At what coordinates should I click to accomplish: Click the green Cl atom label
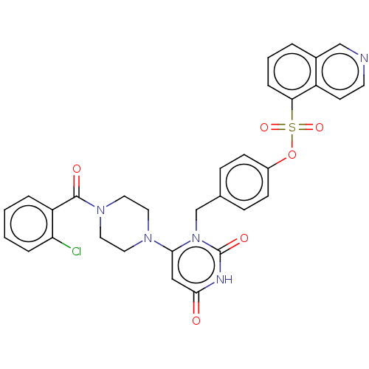click(x=76, y=252)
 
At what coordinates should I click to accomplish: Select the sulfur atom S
click(x=292, y=128)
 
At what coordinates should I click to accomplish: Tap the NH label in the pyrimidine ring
click(x=224, y=280)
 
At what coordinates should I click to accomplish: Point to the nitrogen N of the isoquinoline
click(x=364, y=58)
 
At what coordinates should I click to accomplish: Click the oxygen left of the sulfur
click(x=264, y=128)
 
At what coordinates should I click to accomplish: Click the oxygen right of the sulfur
click(x=320, y=128)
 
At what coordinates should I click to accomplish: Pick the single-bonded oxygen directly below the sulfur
click(x=292, y=155)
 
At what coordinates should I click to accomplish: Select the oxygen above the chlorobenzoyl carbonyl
click(x=77, y=169)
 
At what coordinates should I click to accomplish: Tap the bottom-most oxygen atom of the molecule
click(x=196, y=321)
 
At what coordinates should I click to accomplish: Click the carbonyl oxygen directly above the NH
click(x=244, y=238)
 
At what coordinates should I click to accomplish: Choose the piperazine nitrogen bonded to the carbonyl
click(x=100, y=210)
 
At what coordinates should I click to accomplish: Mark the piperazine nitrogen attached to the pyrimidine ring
click(x=148, y=238)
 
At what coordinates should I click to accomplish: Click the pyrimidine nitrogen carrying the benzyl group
click(x=196, y=238)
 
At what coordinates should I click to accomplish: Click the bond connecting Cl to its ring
click(x=61, y=243)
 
